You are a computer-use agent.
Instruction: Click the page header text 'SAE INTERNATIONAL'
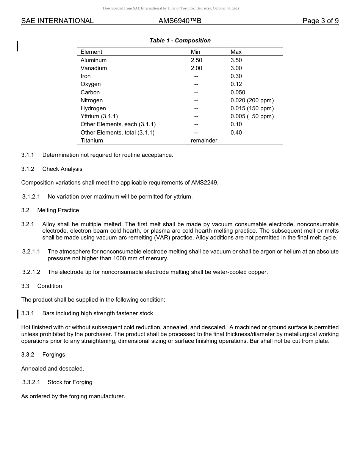(57, 21)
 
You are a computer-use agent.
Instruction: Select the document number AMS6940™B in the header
(180, 21)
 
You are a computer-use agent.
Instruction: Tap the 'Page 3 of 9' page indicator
(320, 21)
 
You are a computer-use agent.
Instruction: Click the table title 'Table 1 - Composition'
(180, 41)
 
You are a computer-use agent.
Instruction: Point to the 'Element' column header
(91, 52)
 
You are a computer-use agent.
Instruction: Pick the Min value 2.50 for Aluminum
(196, 60)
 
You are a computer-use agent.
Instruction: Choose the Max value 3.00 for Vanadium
(236, 68)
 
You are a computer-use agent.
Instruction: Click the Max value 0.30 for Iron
(236, 76)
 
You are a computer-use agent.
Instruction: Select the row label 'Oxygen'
(91, 84)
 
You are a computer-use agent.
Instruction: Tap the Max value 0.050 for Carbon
(238, 92)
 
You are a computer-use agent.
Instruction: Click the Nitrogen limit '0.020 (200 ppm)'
(252, 100)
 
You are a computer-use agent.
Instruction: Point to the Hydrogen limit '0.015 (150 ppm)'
(252, 108)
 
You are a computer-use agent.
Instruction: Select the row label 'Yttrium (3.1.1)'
(99, 116)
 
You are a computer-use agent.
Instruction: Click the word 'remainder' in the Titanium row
(204, 141)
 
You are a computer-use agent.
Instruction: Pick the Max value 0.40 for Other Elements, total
(236, 133)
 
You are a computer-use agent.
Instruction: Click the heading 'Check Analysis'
(62, 169)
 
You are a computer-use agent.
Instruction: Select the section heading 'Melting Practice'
(58, 210)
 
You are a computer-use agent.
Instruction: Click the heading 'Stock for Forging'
(70, 382)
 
